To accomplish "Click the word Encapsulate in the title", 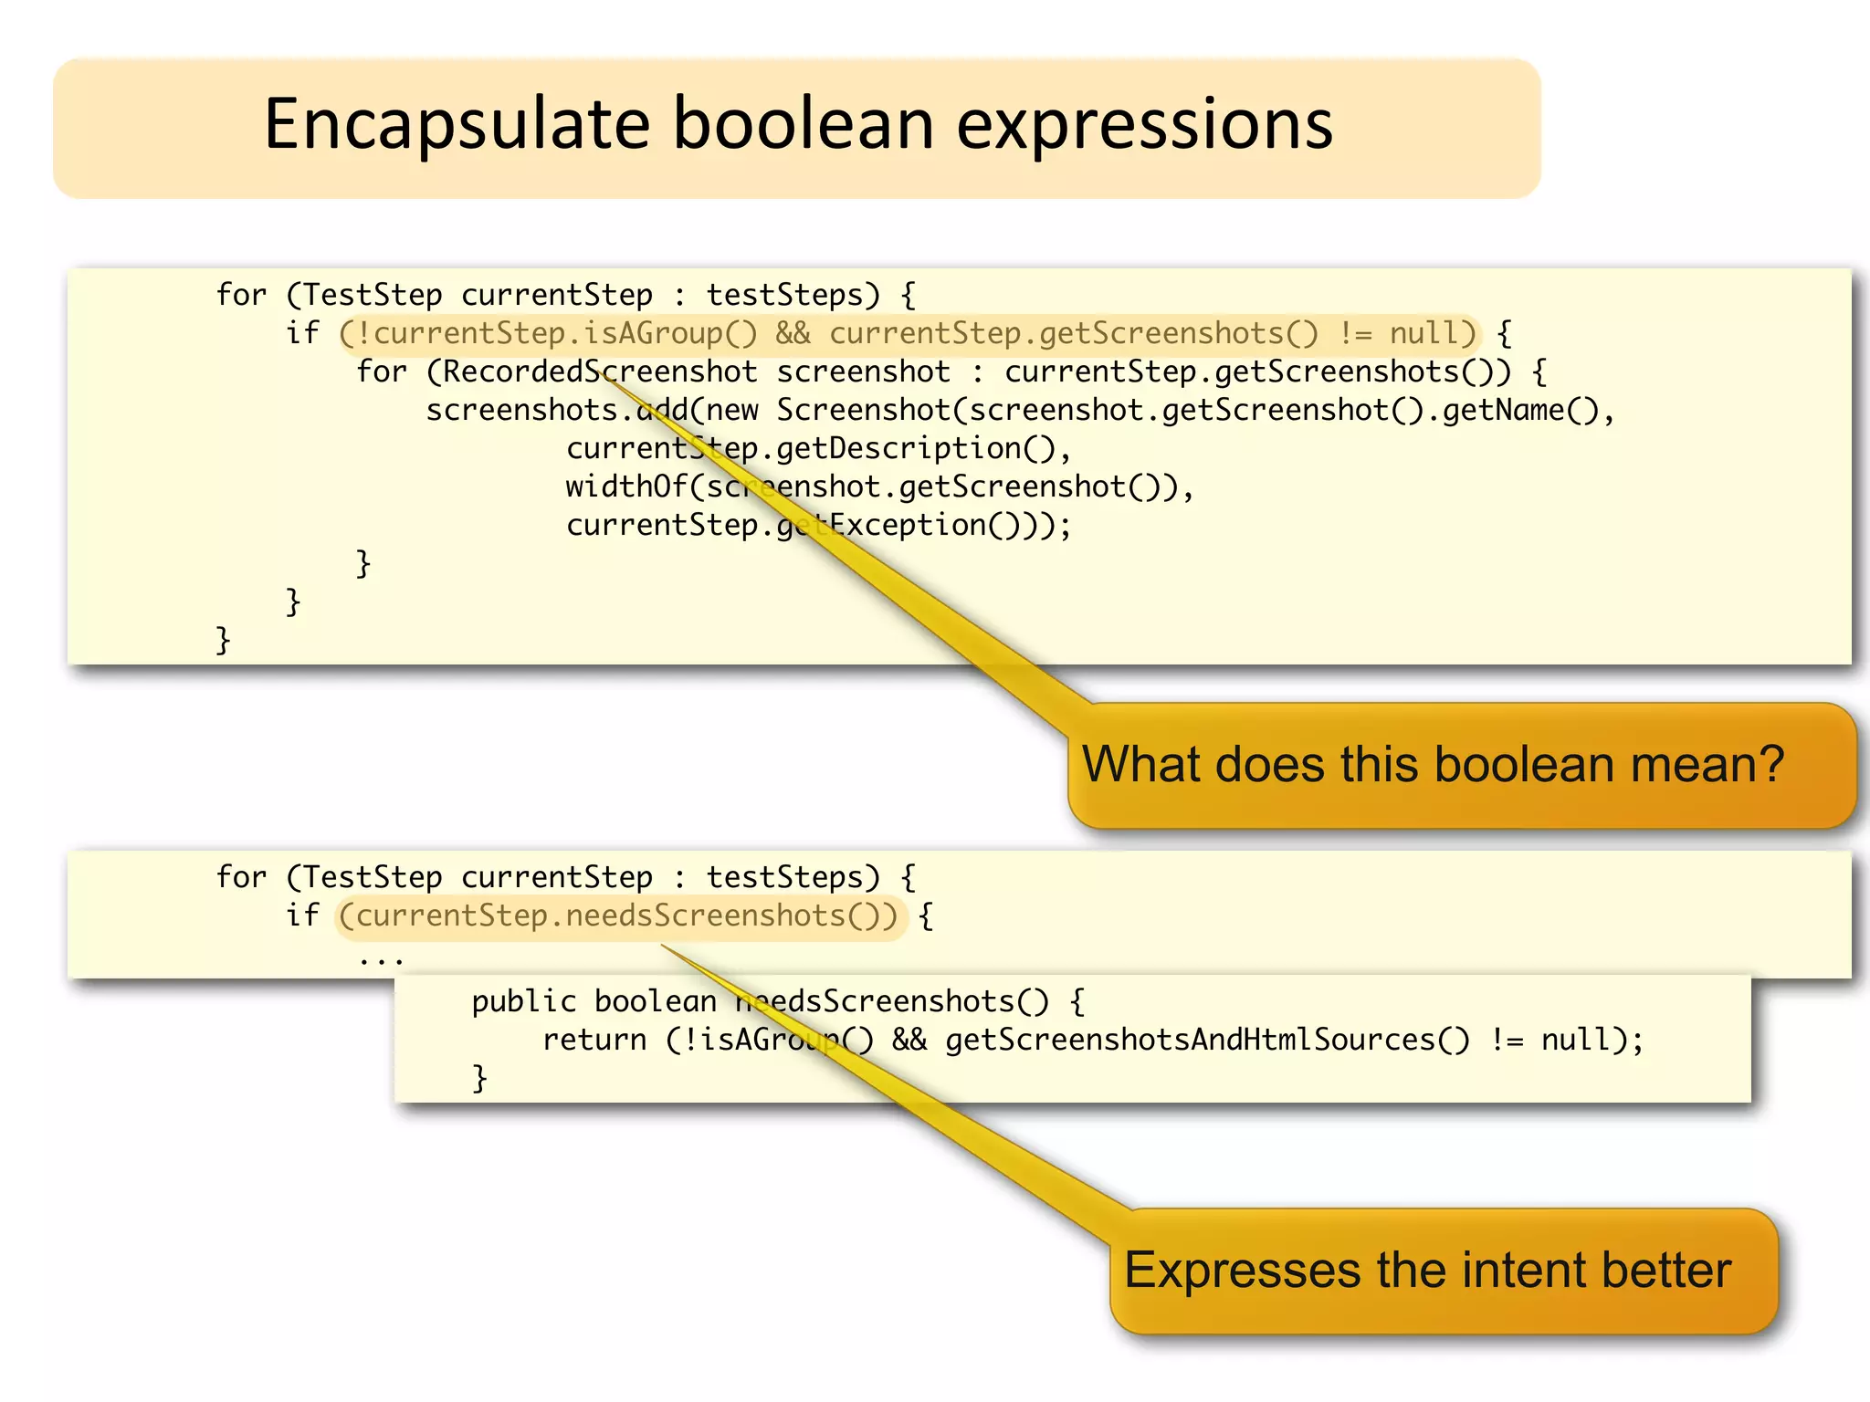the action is (457, 126).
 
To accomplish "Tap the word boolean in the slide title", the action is (804, 124).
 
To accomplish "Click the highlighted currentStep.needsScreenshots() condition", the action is (621, 916).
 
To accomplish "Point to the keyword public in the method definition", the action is (524, 1002).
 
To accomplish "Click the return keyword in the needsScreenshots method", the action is (594, 1041).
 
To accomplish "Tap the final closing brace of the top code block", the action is (223, 641).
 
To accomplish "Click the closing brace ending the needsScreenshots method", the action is (479, 1079).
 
